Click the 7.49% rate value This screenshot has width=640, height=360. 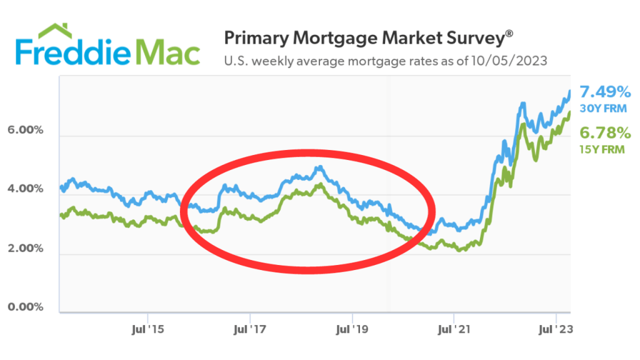(605, 92)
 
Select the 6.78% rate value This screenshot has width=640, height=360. (605, 132)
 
